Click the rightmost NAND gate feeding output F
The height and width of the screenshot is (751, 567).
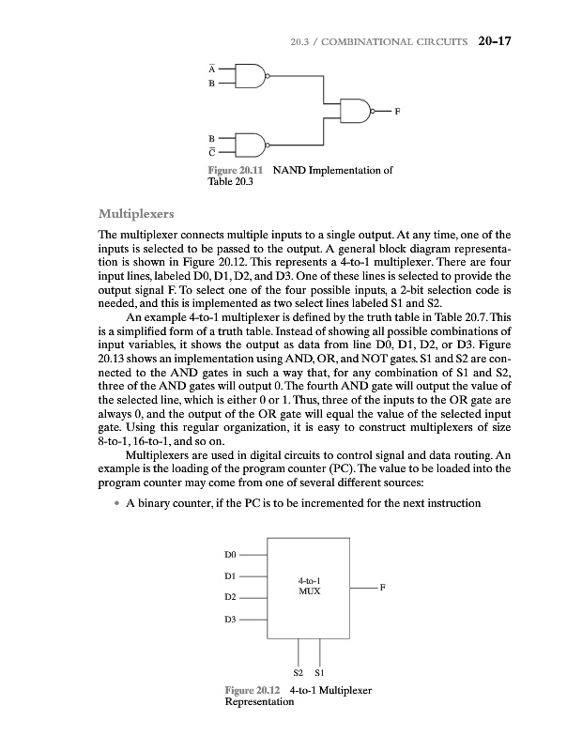pos(358,111)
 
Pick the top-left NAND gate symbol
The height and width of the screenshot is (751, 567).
pos(253,76)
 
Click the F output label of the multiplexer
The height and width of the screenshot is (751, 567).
pos(384,587)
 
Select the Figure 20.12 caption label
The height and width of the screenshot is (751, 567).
pos(247,690)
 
